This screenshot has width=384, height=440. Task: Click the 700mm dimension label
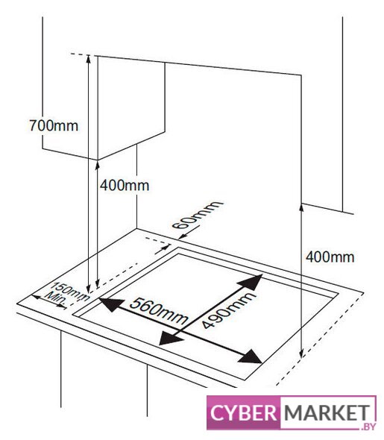(x=54, y=125)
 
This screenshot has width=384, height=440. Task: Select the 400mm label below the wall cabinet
(x=125, y=186)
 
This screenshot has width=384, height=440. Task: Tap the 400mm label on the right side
(x=330, y=257)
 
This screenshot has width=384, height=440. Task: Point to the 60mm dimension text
(x=197, y=215)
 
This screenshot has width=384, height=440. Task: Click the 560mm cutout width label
(x=159, y=311)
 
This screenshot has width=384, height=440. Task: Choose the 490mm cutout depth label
(x=228, y=309)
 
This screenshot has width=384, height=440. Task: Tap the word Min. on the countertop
(x=56, y=298)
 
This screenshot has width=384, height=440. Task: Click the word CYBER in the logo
(x=244, y=413)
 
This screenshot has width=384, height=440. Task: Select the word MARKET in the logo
(x=327, y=413)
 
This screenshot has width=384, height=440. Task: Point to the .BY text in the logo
(x=368, y=426)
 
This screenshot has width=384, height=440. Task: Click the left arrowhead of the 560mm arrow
(x=111, y=304)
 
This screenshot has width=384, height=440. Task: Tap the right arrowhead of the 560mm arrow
(x=251, y=357)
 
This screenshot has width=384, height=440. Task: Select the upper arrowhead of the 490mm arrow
(x=251, y=282)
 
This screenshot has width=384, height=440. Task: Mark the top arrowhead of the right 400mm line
(x=301, y=207)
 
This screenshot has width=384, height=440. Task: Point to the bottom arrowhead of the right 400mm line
(x=301, y=355)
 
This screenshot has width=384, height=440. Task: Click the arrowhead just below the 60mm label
(x=183, y=237)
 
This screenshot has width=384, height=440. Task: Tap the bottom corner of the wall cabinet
(x=98, y=160)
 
